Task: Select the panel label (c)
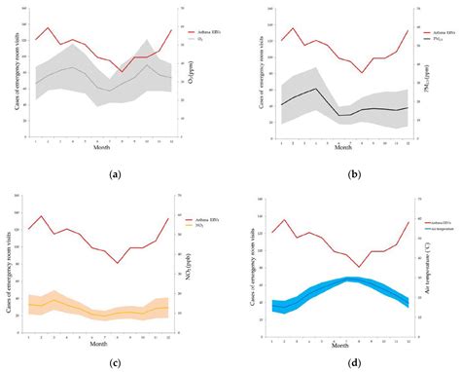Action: click(116, 363)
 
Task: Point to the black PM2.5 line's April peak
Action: click(317, 89)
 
